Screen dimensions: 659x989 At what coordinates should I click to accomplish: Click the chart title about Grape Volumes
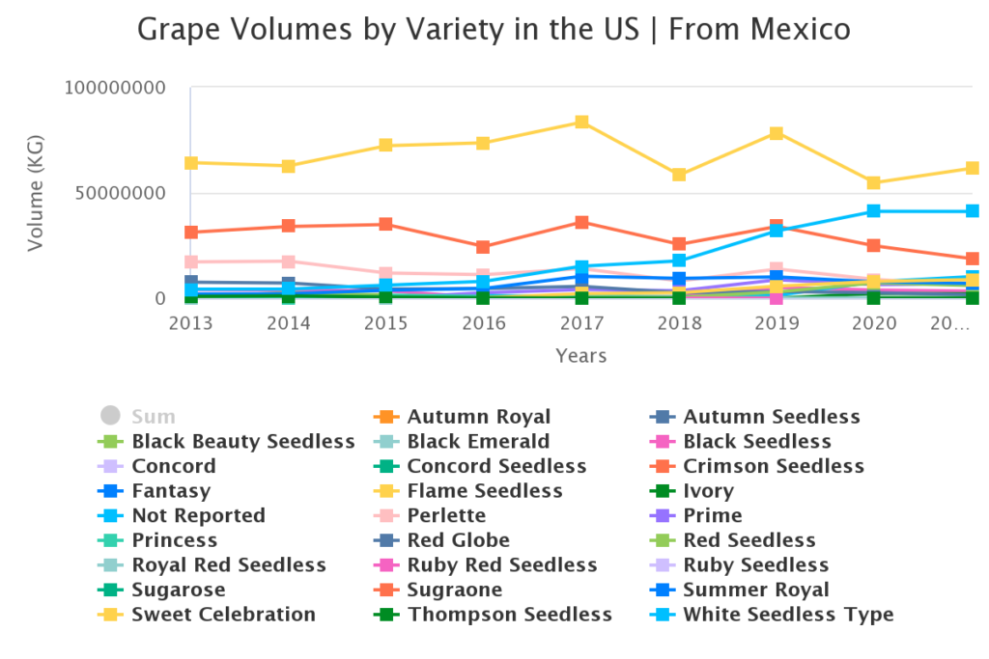click(x=494, y=29)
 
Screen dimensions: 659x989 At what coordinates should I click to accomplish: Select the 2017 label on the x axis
click(x=581, y=322)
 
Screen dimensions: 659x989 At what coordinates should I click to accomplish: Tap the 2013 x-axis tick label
click(x=190, y=322)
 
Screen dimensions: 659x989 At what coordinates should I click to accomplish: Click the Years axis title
click(x=580, y=356)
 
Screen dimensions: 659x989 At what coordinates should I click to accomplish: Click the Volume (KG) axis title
click(x=36, y=193)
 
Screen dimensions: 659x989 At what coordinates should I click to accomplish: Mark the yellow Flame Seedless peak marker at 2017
click(x=582, y=123)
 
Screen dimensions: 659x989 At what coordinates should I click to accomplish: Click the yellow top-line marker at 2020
click(x=874, y=183)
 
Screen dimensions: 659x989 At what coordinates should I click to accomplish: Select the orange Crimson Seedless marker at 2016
click(x=484, y=248)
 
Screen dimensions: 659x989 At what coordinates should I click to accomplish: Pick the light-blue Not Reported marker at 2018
click(x=679, y=261)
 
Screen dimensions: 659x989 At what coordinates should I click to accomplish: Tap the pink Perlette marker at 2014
click(x=289, y=261)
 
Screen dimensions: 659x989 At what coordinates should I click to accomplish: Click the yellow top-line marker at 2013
click(x=191, y=163)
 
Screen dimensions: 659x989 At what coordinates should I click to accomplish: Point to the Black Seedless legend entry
click(x=756, y=442)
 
